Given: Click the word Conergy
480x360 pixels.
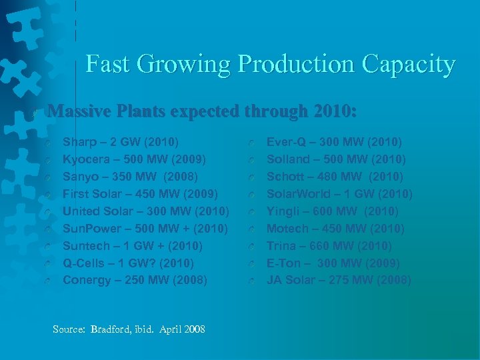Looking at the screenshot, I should point(86,280).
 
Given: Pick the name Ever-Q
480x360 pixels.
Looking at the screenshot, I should point(285,142).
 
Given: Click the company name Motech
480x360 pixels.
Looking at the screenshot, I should point(285,229).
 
